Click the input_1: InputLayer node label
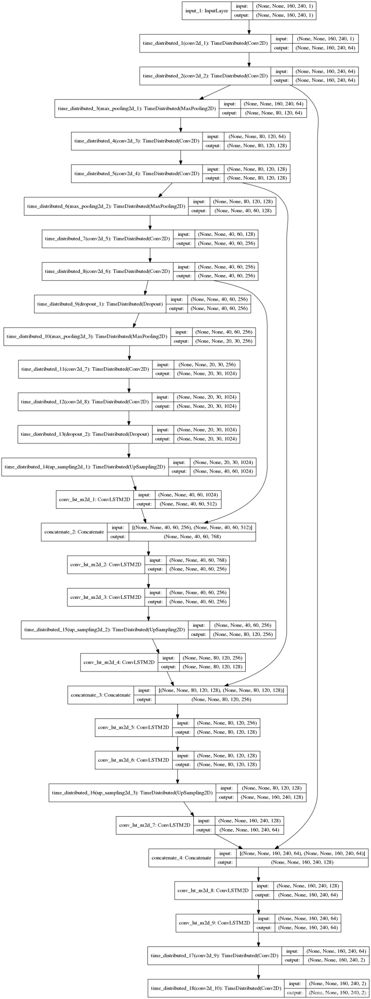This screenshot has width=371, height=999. point(207,11)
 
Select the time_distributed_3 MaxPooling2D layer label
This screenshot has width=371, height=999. point(136,109)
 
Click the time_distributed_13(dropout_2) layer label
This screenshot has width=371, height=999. point(85,434)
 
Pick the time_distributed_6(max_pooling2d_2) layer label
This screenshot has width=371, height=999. point(105,206)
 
